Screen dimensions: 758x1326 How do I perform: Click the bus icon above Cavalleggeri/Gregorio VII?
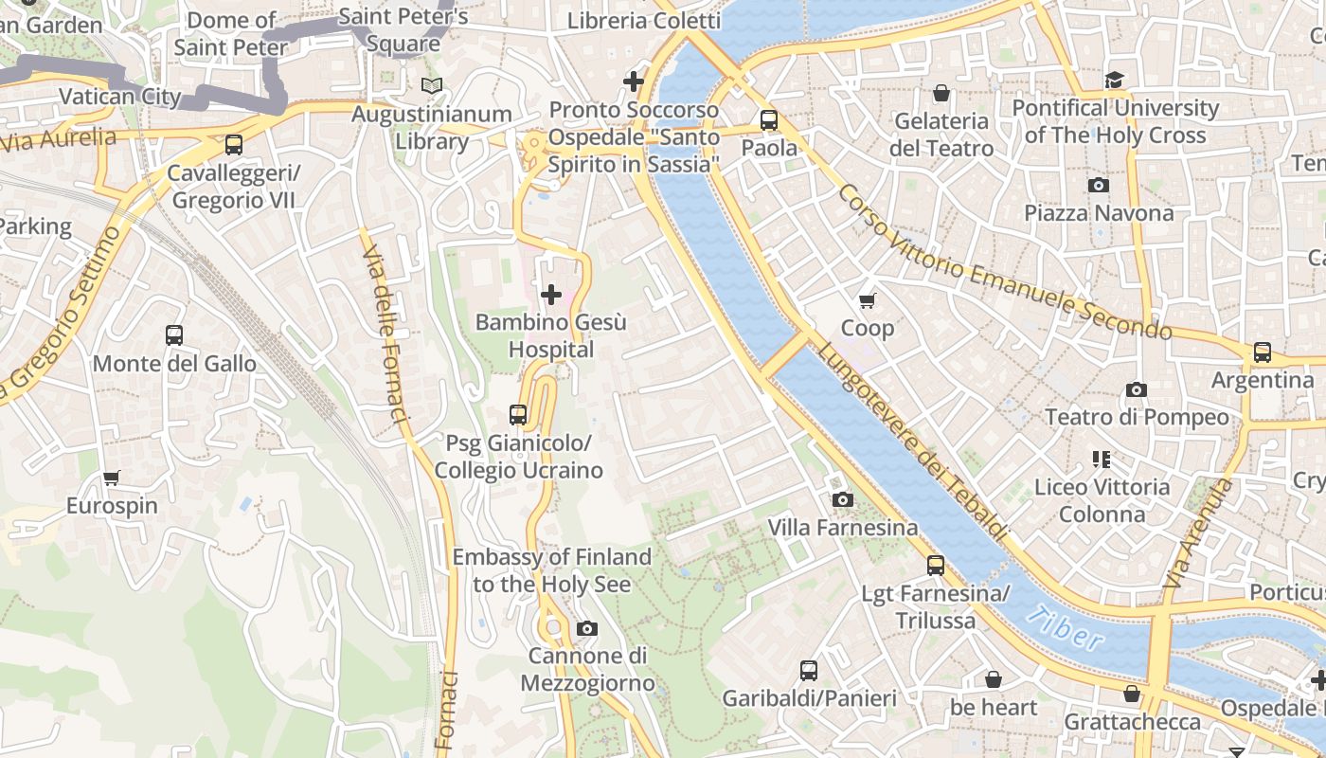233,145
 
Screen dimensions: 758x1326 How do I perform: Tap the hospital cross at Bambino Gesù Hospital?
551,295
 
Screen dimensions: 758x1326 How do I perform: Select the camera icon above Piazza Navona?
1098,185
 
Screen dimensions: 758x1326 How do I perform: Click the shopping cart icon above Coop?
867,301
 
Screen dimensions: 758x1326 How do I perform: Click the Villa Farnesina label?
842,528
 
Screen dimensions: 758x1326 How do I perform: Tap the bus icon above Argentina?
1262,352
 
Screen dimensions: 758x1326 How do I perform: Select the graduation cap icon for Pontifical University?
1114,80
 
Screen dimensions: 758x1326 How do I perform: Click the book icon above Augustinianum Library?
432,86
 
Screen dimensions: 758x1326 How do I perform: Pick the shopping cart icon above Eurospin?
112,478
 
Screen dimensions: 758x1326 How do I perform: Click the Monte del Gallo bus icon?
174,334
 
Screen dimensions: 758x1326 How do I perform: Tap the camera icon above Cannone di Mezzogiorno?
586,628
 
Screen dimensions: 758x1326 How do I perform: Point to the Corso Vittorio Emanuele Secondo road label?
1004,262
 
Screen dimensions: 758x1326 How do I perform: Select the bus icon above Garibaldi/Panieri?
809,671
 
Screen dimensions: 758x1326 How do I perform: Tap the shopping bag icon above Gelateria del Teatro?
941,93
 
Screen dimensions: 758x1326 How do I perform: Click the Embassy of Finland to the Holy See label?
551,570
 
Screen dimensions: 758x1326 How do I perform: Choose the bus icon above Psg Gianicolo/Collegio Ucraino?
517,414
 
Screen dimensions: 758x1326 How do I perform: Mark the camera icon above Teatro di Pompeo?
1137,389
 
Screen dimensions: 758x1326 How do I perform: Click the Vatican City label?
119,97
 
